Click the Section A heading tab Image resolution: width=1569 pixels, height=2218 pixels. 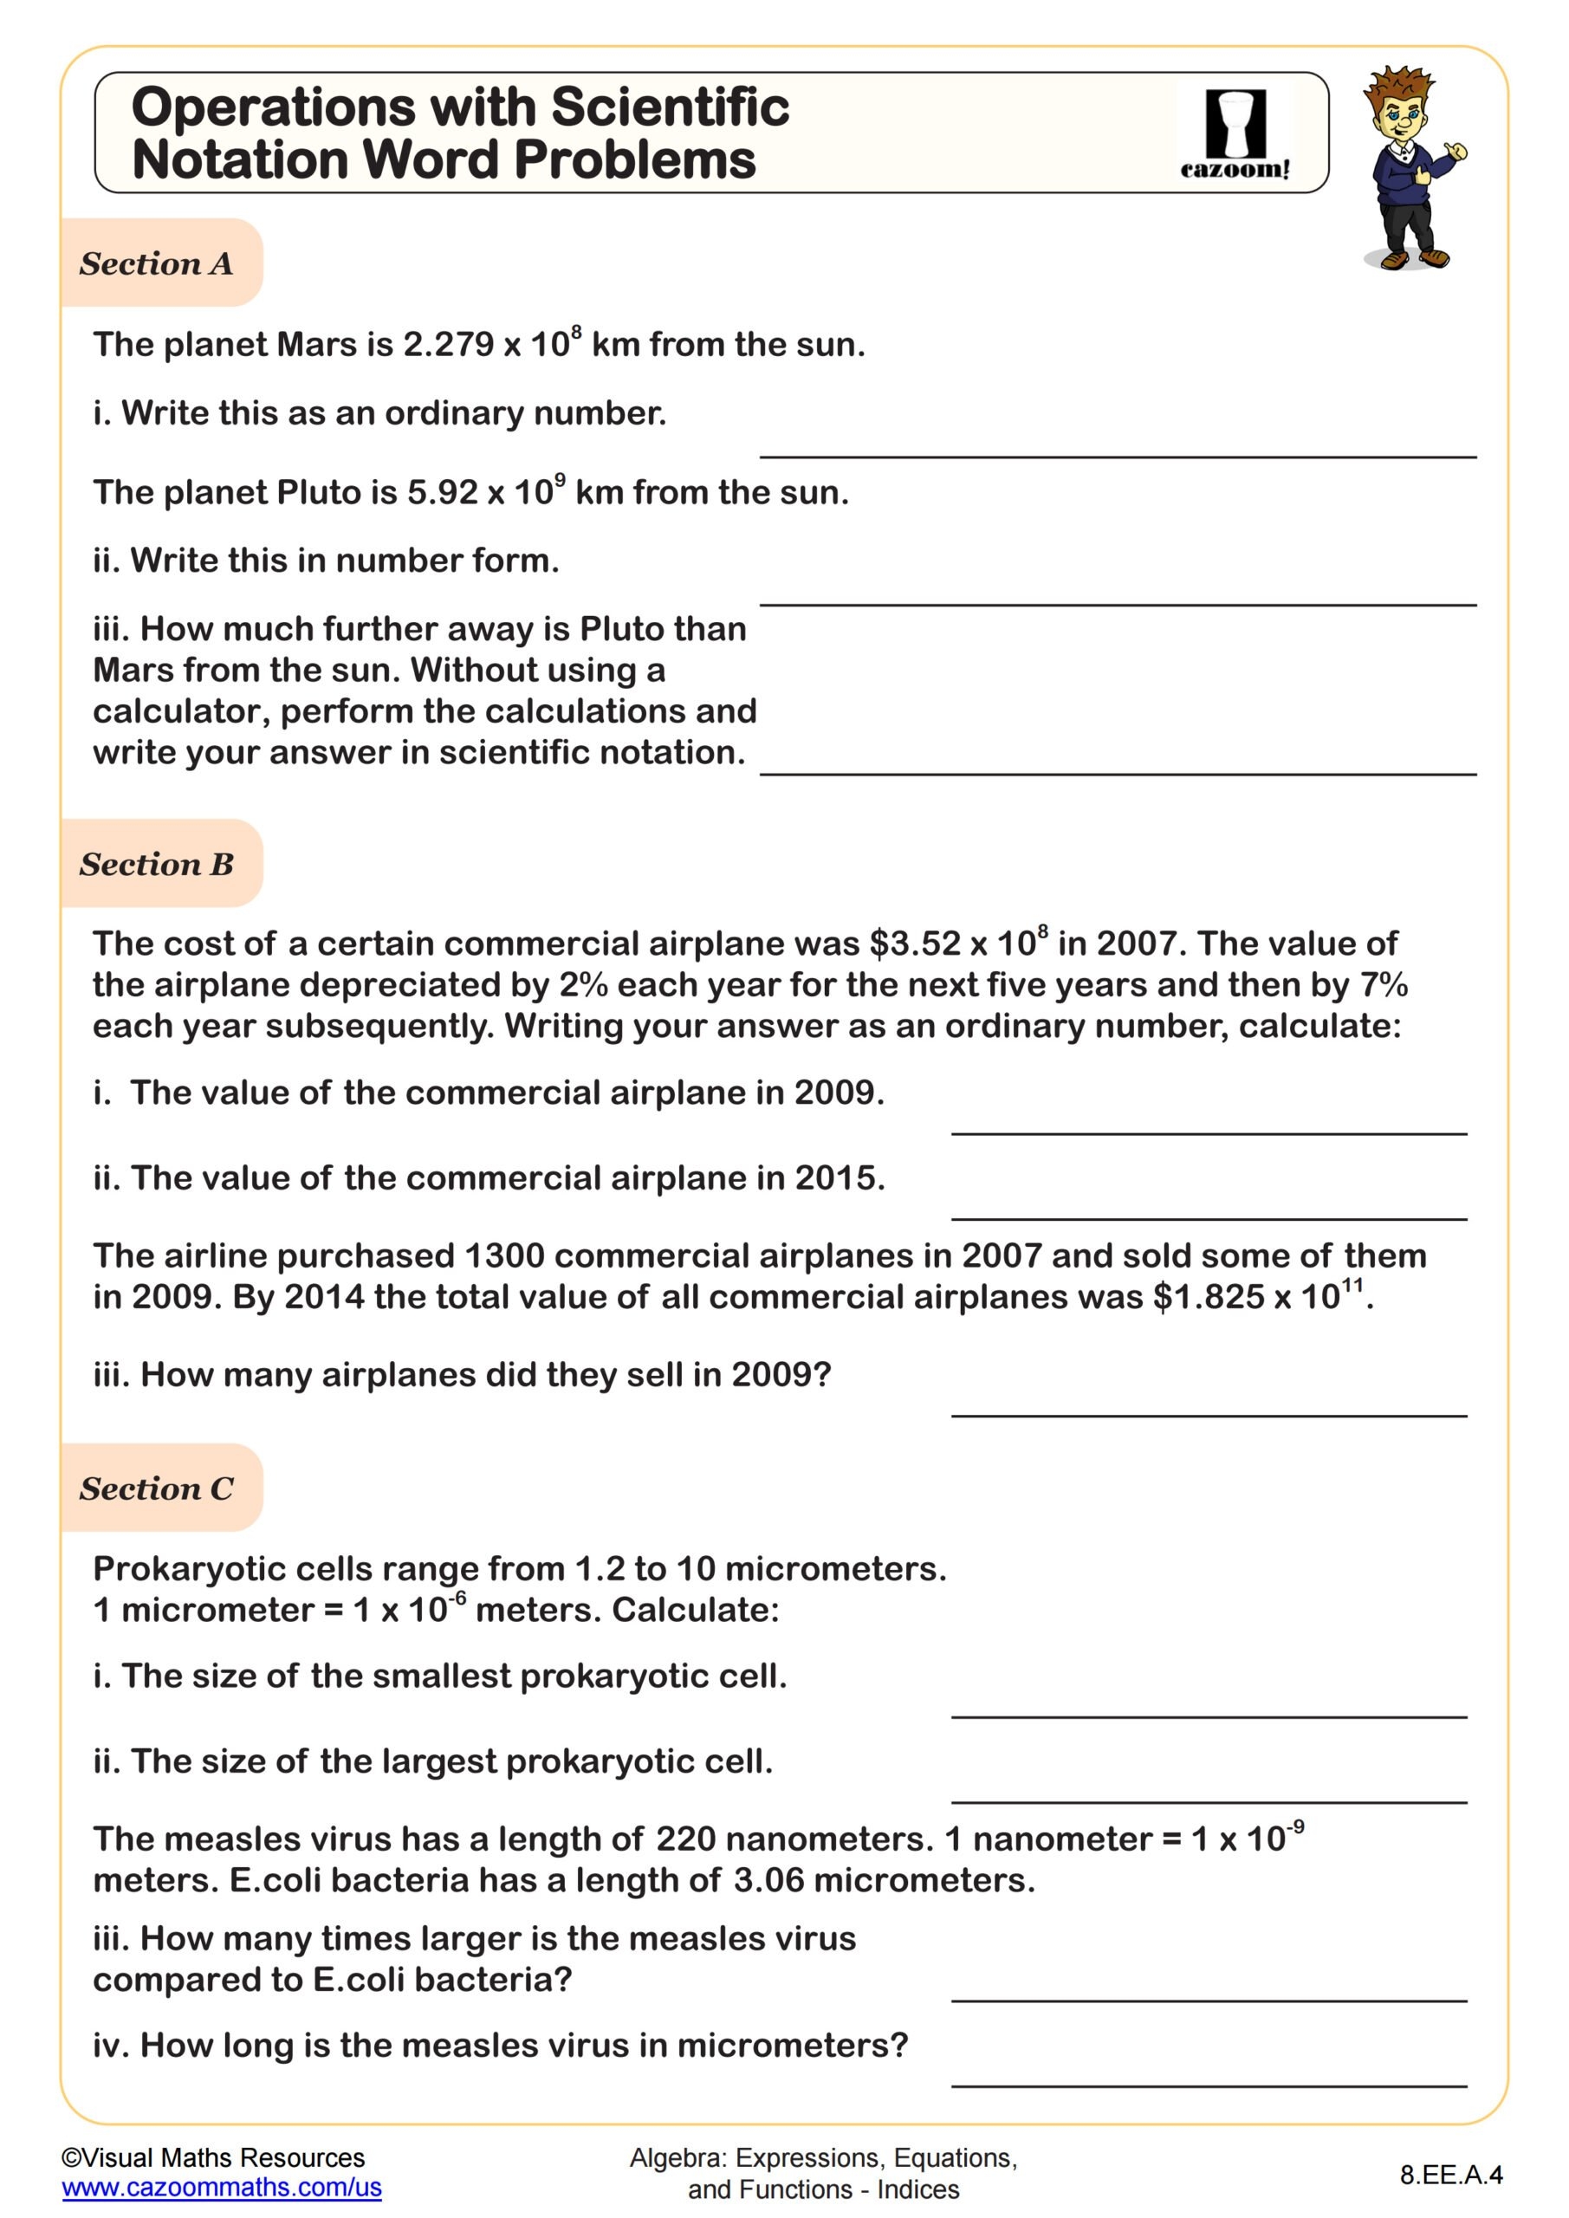(x=157, y=263)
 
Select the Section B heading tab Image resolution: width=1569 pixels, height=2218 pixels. (x=157, y=864)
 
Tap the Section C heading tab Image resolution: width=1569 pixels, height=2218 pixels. (x=157, y=1488)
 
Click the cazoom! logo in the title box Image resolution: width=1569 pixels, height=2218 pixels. (x=1235, y=134)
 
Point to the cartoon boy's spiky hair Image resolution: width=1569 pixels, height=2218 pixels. (x=1400, y=85)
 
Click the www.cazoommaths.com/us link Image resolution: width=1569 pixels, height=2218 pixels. (x=221, y=2188)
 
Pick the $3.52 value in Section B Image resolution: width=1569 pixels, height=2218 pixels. (x=915, y=944)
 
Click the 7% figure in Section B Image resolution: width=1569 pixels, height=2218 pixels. (x=1384, y=985)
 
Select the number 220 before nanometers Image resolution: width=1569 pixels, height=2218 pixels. (x=685, y=1839)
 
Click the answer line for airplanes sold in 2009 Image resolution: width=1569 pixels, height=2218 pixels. (x=1208, y=1414)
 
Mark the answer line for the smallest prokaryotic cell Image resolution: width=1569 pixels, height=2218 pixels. (x=1208, y=1715)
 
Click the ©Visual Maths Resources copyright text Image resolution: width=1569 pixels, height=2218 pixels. (x=212, y=2158)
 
